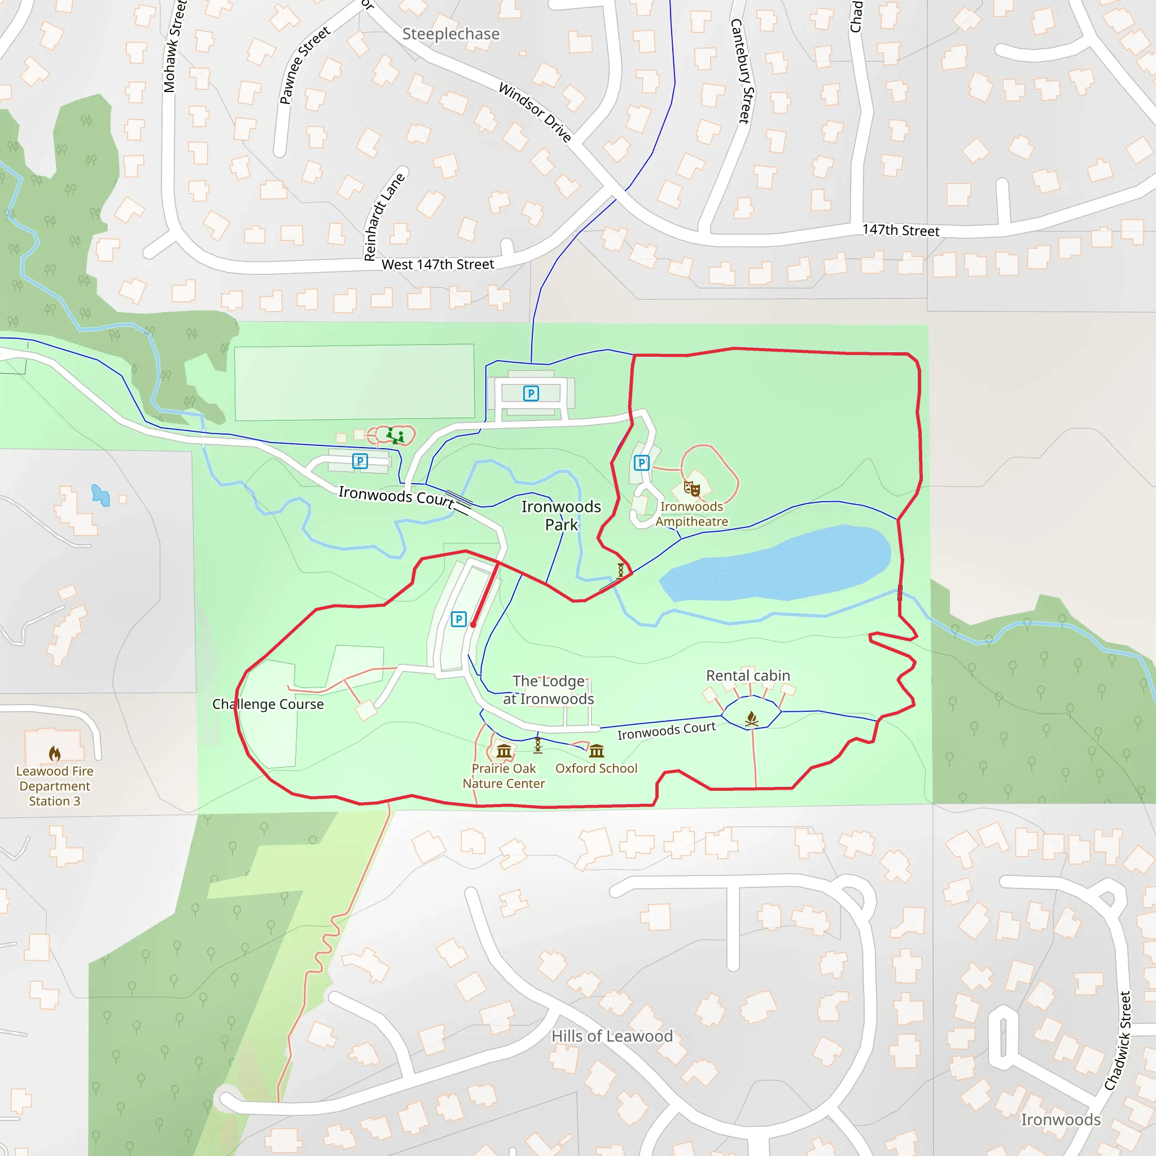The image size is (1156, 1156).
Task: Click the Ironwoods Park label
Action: tap(561, 515)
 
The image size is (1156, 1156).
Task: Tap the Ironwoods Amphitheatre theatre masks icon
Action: tap(691, 489)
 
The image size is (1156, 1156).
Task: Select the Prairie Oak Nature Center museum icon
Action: tap(504, 750)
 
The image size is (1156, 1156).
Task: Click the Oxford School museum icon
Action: tap(597, 750)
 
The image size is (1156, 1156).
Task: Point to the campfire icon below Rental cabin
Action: tap(751, 719)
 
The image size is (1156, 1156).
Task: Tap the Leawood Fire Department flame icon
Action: tap(54, 754)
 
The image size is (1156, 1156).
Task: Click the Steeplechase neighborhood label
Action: tap(450, 34)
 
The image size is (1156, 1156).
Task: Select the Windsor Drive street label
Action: tap(535, 112)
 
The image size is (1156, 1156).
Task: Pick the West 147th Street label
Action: tap(437, 265)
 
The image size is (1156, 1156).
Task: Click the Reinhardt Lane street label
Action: tap(384, 217)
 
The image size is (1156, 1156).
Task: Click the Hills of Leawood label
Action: tap(611, 1036)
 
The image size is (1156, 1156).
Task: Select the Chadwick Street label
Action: tap(1117, 1040)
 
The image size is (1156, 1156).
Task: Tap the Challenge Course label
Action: tap(268, 704)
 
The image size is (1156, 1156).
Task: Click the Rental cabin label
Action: tap(748, 676)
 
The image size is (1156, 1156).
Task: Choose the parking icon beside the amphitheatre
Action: tap(641, 462)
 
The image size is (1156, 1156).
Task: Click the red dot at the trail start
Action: tap(473, 625)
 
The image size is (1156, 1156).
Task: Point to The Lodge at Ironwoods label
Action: tap(548, 690)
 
